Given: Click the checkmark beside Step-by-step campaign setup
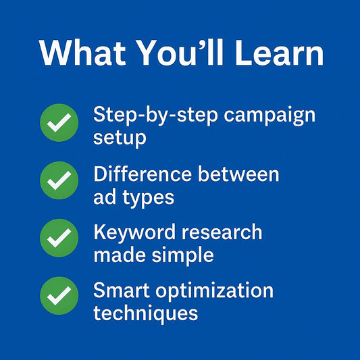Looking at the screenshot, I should (59, 122).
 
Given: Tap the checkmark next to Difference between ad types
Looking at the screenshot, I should (59, 180).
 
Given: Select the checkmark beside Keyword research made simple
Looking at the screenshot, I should (59, 238).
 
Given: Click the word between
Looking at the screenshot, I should (239, 174).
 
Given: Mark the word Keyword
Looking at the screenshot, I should (134, 233).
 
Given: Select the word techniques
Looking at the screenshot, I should (146, 313).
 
